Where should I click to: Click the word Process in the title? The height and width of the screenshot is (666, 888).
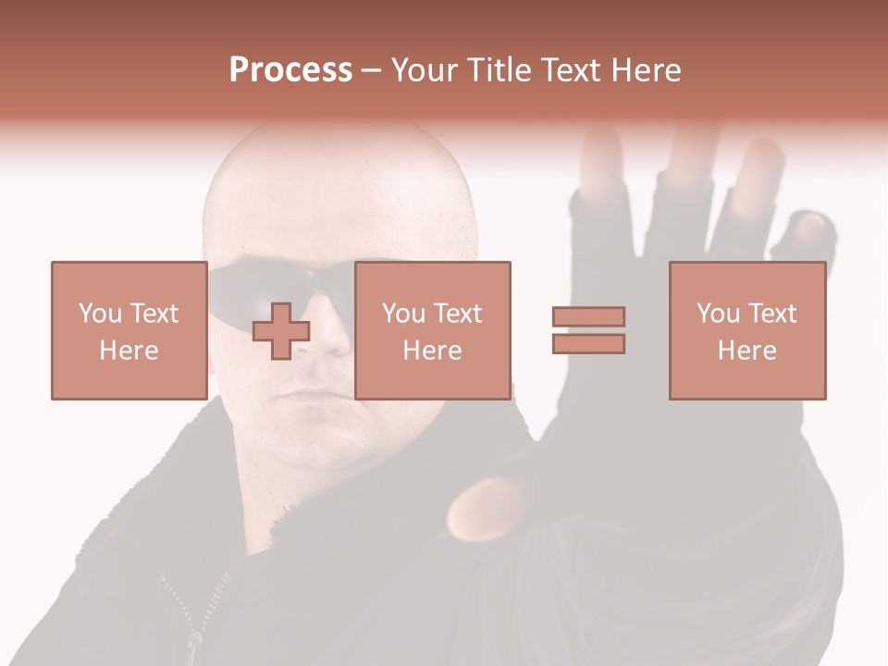point(290,70)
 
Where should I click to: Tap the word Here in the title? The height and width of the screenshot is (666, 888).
point(643,70)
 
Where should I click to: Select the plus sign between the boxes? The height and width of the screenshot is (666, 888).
point(281,331)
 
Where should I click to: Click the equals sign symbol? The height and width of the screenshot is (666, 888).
point(588,330)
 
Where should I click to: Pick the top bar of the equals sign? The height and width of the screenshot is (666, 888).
point(588,316)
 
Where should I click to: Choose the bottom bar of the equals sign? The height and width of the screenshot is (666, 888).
point(588,344)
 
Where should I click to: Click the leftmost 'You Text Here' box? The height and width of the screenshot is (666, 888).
point(129,330)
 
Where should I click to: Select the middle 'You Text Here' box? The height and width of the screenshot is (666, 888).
point(432,330)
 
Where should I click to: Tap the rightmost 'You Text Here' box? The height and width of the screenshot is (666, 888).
point(746,330)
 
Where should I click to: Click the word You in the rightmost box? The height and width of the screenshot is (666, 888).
point(718,314)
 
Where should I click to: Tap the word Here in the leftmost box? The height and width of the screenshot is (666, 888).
point(129,351)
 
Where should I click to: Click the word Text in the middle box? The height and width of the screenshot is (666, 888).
point(457,314)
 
